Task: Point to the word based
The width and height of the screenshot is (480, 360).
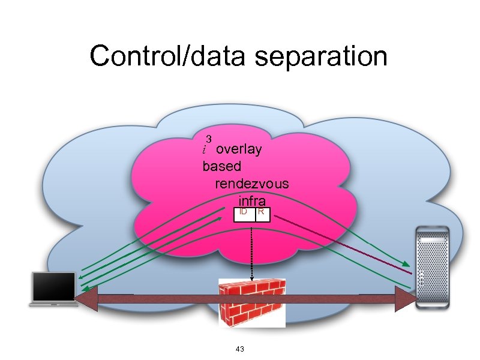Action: (x=222, y=166)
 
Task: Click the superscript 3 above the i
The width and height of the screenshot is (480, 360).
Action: (x=209, y=139)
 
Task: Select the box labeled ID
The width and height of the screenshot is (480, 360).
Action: (x=244, y=214)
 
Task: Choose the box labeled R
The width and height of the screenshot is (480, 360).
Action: (x=263, y=214)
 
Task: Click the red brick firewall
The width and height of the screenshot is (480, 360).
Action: (x=252, y=303)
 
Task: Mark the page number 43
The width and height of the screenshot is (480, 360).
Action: (x=240, y=349)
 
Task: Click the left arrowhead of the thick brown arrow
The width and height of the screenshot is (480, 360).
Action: (x=84, y=298)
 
